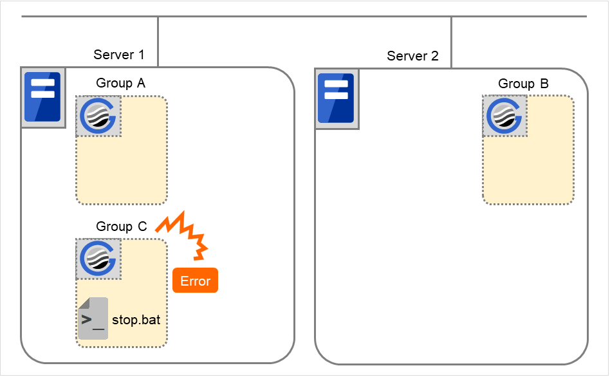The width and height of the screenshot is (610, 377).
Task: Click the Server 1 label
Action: point(119,55)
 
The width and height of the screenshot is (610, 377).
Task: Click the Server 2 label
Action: point(412,56)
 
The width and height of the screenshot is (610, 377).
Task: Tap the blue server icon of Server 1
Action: point(42,97)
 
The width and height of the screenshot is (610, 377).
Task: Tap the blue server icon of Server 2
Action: point(337,97)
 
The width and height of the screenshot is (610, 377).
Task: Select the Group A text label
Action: point(120,83)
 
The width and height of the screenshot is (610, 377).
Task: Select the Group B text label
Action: point(523,84)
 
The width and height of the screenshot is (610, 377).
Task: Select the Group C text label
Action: point(121,226)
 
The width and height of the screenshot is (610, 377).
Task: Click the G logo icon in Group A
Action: point(98,116)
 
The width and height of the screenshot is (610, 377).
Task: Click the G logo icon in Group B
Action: point(505,116)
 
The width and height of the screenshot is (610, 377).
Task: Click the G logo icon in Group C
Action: point(98,259)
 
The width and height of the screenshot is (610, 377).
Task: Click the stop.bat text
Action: point(136,319)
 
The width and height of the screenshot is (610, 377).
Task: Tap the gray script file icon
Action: point(93,318)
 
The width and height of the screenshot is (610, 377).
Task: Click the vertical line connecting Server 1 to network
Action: point(158,42)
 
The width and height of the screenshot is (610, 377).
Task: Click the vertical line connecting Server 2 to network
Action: point(451,42)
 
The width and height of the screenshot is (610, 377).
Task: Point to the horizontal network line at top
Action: point(302,17)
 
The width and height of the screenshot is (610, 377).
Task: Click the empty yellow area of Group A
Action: point(129,167)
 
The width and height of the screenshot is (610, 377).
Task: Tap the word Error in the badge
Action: point(195,281)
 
